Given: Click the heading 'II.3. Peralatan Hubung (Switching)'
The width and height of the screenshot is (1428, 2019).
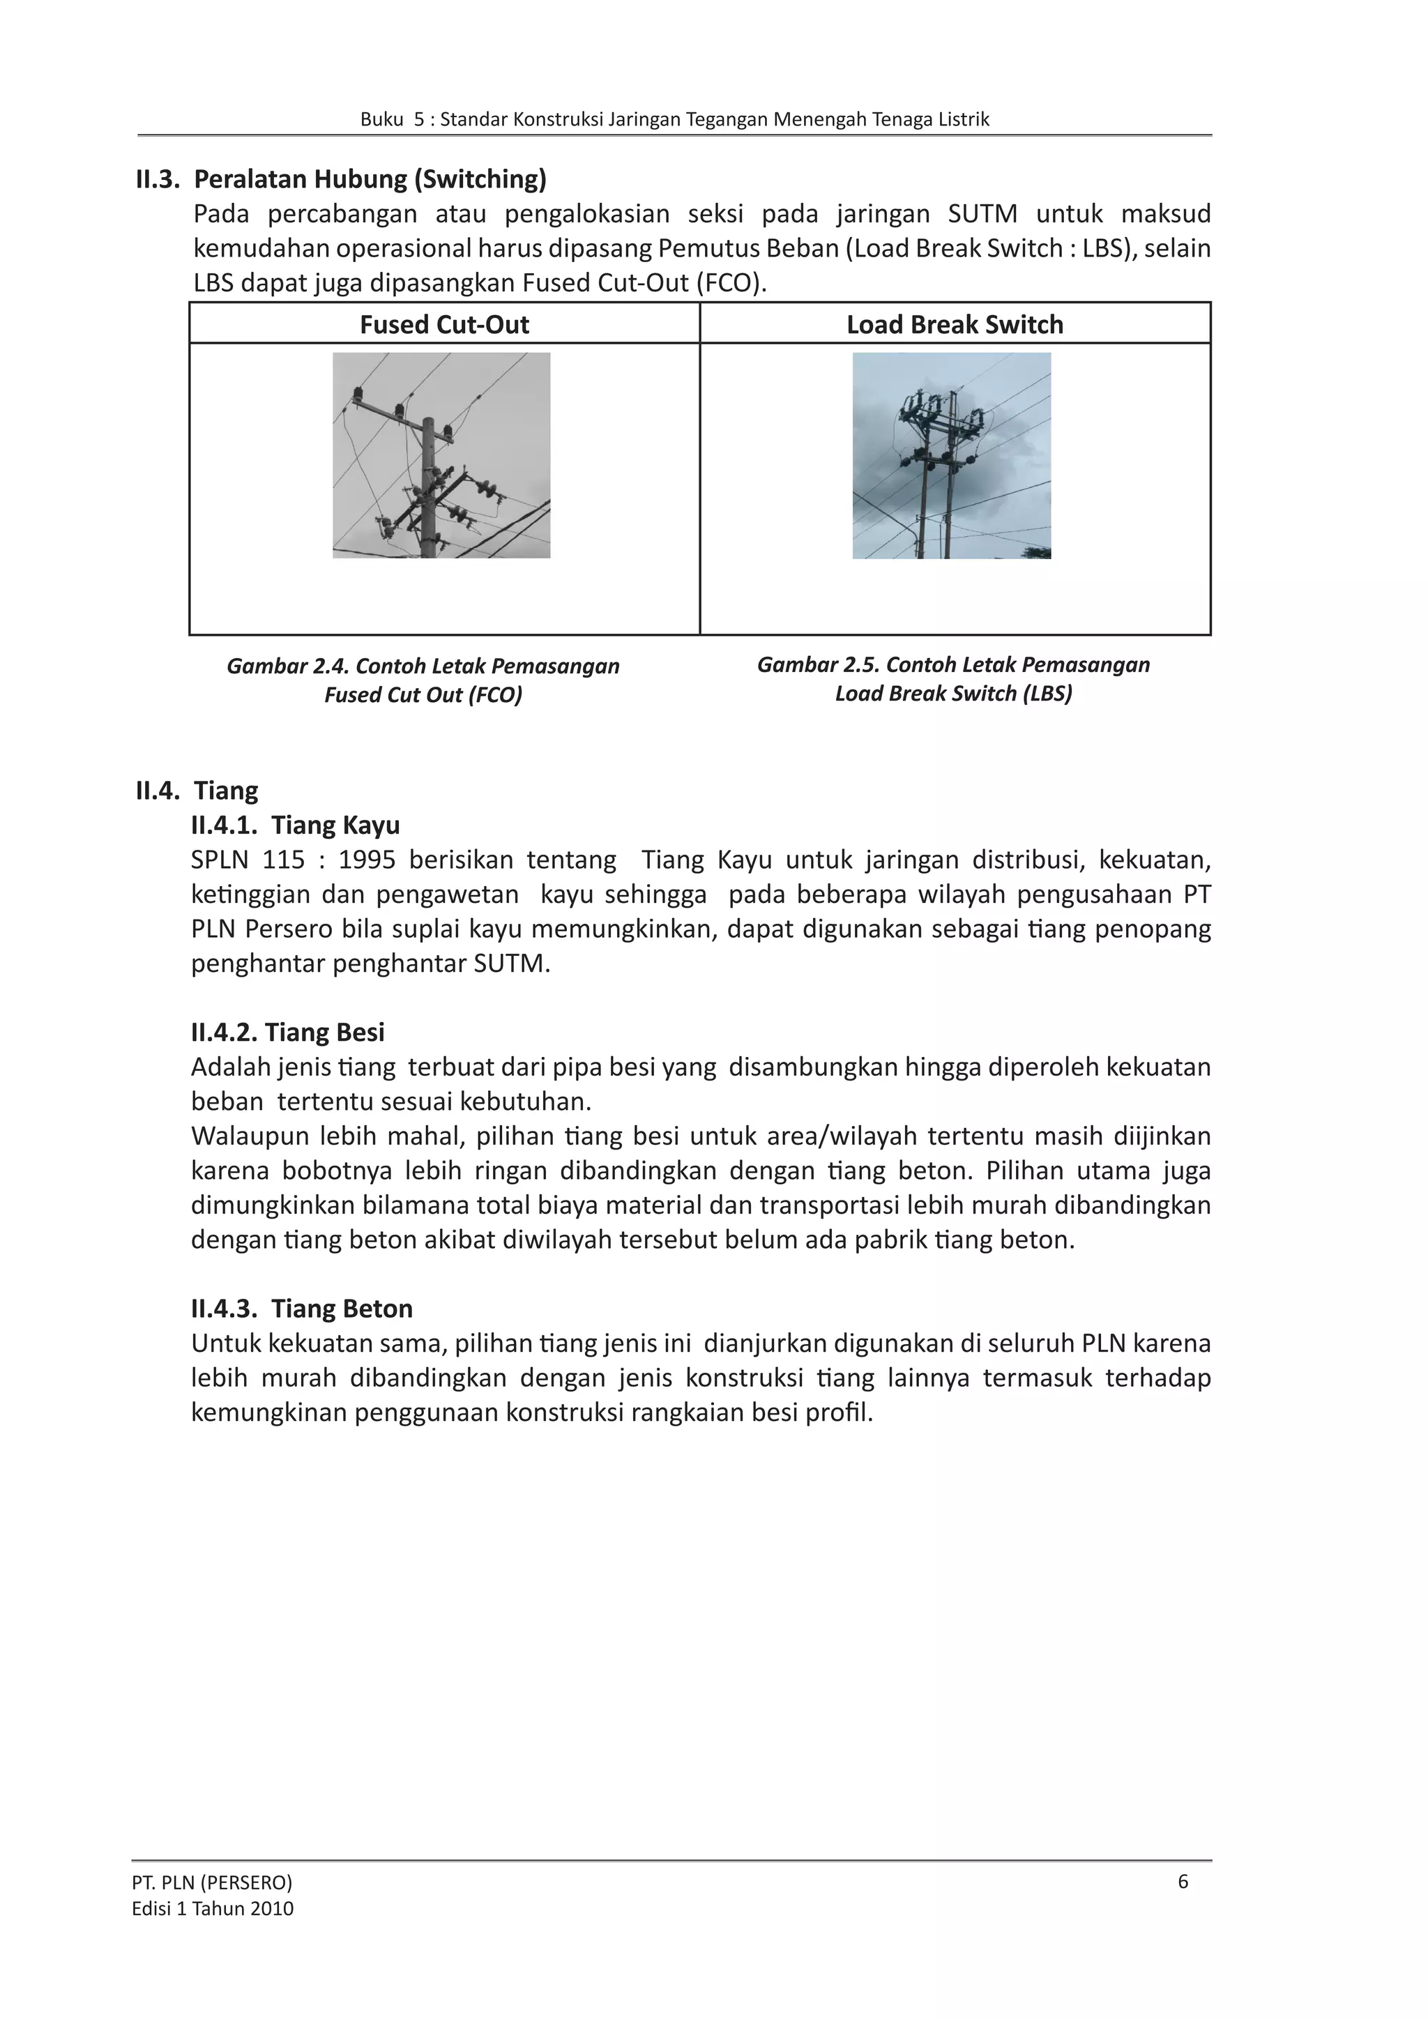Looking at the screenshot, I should point(340,179).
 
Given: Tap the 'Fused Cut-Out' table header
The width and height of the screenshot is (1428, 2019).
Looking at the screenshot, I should point(444,324).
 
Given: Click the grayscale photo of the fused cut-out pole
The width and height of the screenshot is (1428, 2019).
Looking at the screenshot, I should point(441,455).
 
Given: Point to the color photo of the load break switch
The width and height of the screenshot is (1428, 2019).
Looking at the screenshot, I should point(951,455).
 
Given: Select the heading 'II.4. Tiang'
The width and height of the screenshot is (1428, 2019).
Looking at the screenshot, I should point(197,790).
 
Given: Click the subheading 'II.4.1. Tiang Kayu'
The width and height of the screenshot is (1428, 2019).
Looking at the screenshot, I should point(296,825).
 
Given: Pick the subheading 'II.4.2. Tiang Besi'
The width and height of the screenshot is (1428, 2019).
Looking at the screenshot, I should point(287,1032).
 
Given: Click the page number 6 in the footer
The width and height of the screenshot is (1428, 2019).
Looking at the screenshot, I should point(1183,1881).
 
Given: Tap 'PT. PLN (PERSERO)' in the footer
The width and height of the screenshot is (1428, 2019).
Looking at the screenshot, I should point(212,1882).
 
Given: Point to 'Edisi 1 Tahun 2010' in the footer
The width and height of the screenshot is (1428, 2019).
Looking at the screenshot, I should point(213,1908).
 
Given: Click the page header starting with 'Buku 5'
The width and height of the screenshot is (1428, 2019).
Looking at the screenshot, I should point(674,120).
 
